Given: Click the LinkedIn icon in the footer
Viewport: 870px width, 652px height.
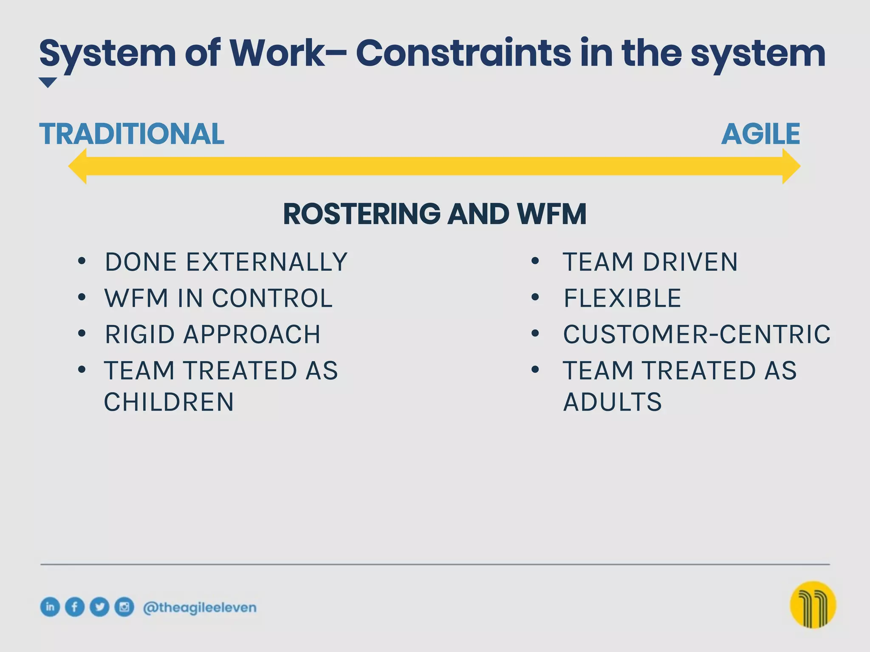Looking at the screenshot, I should point(50,607).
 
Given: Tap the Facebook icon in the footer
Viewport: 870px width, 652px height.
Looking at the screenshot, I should point(75,607).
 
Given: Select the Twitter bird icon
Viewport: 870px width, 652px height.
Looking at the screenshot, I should point(99,607).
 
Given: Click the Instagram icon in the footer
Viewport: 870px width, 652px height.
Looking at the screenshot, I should point(124,607).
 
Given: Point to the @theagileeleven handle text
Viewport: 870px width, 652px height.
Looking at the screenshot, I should point(200,607).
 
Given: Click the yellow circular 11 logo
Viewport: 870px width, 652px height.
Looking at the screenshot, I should point(813,604).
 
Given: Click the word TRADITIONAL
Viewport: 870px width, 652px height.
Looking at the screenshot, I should point(132,134).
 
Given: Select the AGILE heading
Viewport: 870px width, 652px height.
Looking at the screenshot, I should point(760,134).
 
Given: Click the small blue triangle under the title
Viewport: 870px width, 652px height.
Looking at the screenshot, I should point(48,82).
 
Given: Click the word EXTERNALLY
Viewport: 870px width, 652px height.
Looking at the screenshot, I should point(267,262).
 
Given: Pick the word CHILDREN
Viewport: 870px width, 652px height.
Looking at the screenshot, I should point(169,402).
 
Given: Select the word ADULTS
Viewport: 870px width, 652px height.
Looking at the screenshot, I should point(612,402).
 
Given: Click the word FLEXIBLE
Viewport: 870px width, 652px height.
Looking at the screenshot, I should point(622,298).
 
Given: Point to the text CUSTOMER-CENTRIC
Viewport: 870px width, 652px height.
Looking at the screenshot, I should point(697,334).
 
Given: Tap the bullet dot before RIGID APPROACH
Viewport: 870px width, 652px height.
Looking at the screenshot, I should point(82,334).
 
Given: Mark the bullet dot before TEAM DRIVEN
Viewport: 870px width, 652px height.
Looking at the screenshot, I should point(535,261).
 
